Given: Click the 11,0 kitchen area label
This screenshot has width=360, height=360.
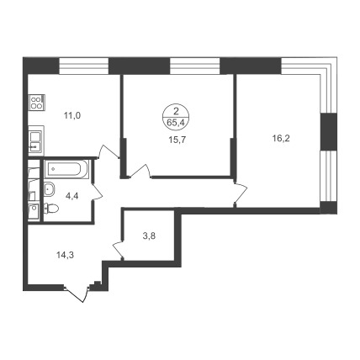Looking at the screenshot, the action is pos(72,115).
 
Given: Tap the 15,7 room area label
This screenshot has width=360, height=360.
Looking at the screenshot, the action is pos(177,140).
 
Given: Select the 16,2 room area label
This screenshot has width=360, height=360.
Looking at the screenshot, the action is pos(281,138).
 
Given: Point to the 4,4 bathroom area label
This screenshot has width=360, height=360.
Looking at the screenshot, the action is pos(72,196).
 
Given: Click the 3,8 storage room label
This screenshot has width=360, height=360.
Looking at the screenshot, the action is pos(149,236).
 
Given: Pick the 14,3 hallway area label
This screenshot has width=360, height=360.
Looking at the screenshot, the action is pos(65,255).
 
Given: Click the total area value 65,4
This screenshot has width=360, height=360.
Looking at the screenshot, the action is pos(176,122).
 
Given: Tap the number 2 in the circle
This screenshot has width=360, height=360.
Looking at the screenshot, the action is pos(176,112).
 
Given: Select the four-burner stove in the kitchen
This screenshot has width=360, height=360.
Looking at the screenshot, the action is pos(37,102).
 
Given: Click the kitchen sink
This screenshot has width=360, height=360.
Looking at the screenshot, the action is pos(36,140).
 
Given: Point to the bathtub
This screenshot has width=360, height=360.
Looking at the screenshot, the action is pos(66,169).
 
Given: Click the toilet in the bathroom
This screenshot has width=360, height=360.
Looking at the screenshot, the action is pos(51,209).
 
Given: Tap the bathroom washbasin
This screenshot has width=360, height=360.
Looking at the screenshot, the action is pos(50,189).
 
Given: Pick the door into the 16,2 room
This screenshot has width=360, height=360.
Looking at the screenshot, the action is pos(241,193).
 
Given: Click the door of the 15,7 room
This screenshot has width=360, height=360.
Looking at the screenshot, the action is pos(139,172).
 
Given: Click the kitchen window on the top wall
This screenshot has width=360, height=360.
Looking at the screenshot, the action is pos(84,66).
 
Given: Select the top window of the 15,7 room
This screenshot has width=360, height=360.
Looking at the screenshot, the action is pos(195,66).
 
